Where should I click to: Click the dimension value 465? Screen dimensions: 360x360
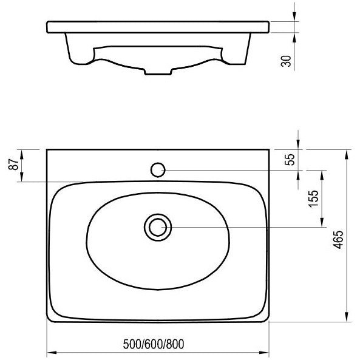(338, 239)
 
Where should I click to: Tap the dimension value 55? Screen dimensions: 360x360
(290, 160)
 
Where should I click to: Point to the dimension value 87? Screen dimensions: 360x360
(13, 164)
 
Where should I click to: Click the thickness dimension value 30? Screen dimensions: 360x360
(286, 61)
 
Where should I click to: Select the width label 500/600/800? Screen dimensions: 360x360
(154, 344)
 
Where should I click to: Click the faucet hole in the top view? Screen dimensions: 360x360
(158, 170)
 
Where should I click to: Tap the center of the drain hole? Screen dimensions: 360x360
(158, 227)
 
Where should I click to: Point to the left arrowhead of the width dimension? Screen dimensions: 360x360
(52, 353)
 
